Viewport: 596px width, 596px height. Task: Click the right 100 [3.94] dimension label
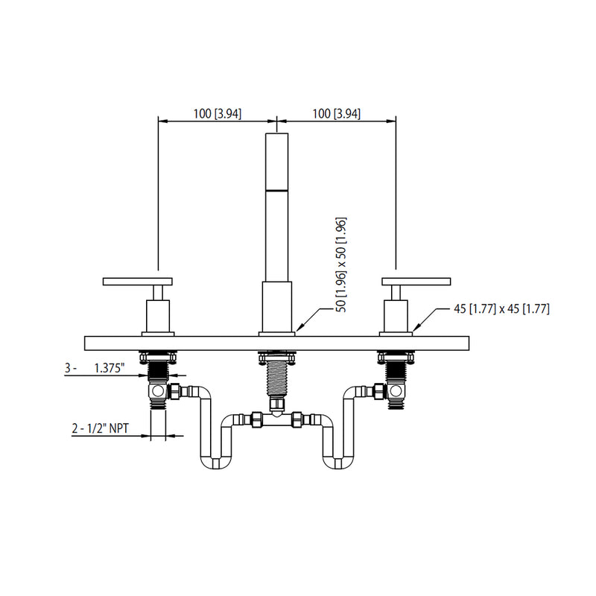point(336,113)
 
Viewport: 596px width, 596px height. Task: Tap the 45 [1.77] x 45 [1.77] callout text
point(501,308)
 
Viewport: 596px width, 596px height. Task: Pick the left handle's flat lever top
point(137,281)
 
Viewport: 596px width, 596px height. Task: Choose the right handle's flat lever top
point(416,281)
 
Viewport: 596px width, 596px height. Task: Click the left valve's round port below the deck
point(159,391)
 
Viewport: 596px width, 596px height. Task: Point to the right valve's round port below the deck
point(396,391)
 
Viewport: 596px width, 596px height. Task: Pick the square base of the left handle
point(158,316)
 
